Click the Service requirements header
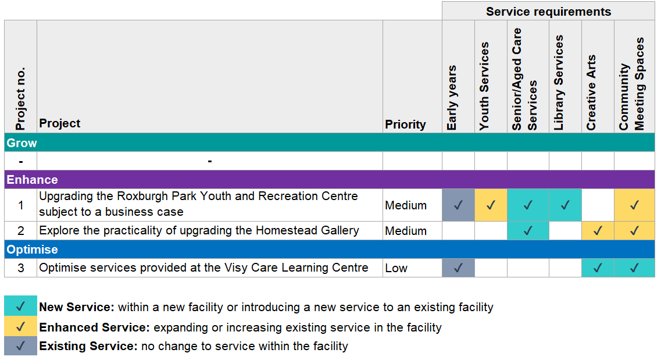coord(548,12)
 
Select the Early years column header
coord(452,98)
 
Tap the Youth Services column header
coord(484,86)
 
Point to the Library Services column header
coord(558,83)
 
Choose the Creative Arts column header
coord(591,92)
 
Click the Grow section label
coord(22,143)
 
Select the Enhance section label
coord(32,180)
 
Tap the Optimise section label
coord(32,249)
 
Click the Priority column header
coord(405,125)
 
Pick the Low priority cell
coord(396,268)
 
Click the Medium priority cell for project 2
coord(406,231)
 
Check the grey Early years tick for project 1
coord(458,205)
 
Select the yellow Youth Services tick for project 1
coord(491,205)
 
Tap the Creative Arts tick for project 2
coord(598,231)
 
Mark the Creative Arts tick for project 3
coord(598,268)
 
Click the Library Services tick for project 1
coord(565,205)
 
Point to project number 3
coord(21,268)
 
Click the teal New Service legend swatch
coord(21,306)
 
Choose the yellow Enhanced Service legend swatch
coord(21,326)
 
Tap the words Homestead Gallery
coord(308,230)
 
